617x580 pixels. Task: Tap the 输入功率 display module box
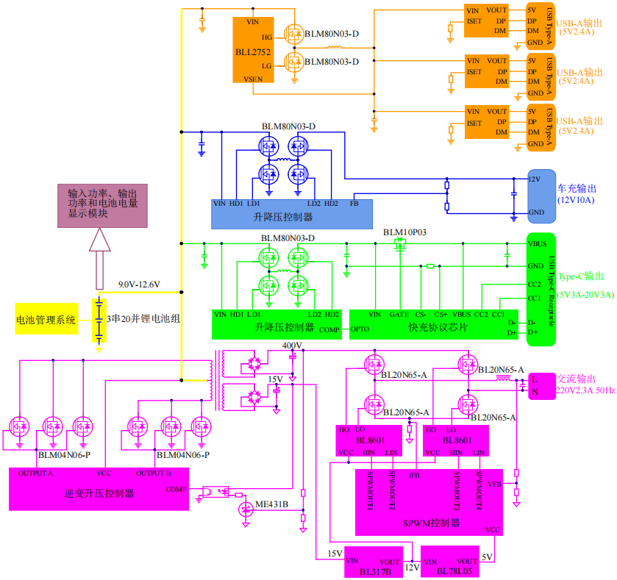[103, 204]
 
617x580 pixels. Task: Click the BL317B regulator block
[374, 562]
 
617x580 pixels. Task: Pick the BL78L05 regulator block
[451, 563]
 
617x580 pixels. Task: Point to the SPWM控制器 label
[432, 523]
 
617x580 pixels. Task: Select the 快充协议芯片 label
[438, 327]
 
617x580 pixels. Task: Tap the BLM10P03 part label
[404, 232]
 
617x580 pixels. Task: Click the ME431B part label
[271, 504]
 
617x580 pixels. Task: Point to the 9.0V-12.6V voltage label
[139, 284]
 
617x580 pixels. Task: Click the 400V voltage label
[292, 346]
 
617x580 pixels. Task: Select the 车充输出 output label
[577, 188]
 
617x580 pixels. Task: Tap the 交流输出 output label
[576, 379]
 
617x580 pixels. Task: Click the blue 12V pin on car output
[535, 179]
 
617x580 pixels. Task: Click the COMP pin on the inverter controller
[176, 489]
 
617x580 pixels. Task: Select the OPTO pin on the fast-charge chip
[360, 329]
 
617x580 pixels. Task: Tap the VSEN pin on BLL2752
[252, 77]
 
